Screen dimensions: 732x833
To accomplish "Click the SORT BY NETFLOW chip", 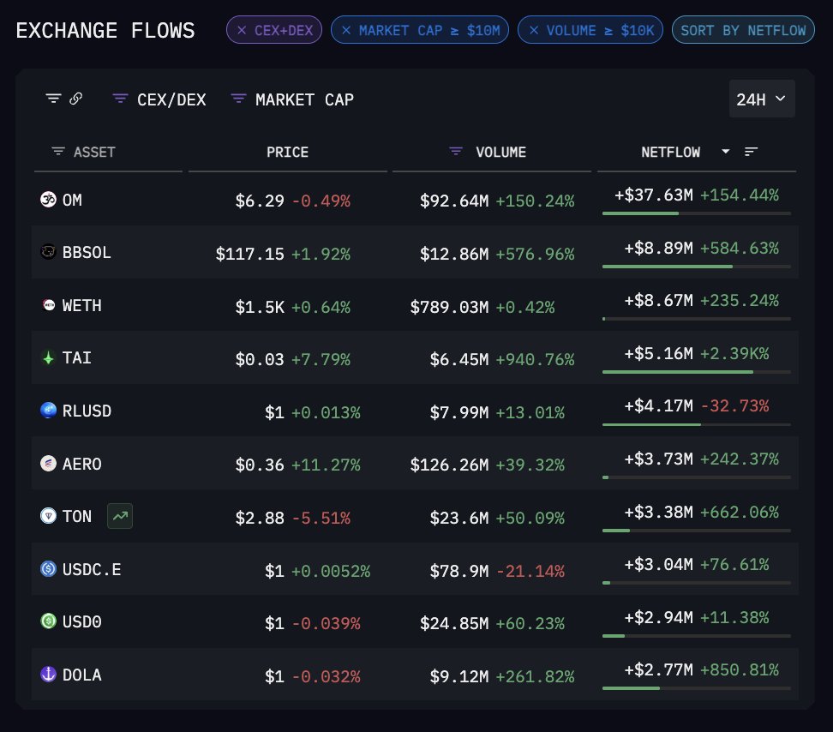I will click(742, 31).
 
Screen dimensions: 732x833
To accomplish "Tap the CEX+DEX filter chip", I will click(274, 31).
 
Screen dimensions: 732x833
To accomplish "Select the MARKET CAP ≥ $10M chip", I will click(420, 31).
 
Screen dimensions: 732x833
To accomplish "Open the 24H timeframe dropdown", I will click(761, 99).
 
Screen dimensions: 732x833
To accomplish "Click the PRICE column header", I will click(287, 152).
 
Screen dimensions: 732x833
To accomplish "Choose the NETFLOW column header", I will click(670, 152).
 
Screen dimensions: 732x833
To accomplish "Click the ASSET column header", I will click(94, 152).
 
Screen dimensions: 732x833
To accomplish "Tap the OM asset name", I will click(73, 201).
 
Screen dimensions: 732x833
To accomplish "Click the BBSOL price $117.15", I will click(249, 254).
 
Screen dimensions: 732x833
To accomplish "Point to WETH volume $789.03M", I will click(449, 306).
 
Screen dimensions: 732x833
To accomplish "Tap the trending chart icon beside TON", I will click(120, 517).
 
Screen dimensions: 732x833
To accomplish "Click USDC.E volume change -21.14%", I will click(530, 570).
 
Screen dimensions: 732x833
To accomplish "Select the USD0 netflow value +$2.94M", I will click(658, 617).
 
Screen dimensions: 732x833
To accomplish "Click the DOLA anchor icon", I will click(48, 675).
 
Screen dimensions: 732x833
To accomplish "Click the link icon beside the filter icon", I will click(76, 99).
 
